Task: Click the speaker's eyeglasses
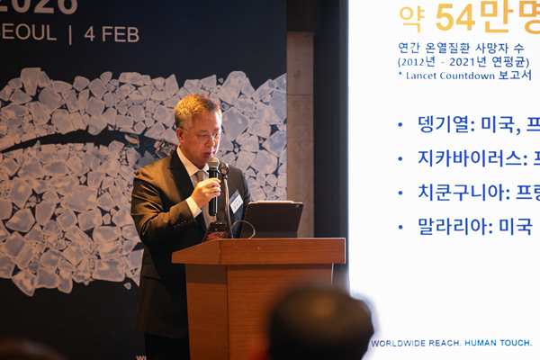204,134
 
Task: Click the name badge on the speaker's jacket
236,202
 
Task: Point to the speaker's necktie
206,193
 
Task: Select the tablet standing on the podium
273,219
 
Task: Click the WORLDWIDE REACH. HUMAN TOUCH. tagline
451,343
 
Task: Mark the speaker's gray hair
197,108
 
